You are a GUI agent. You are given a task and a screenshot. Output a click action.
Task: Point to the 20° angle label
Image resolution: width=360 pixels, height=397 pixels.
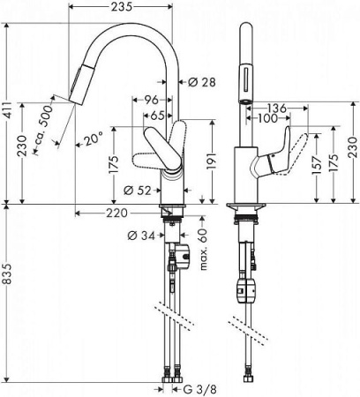pyautogui.click(x=94, y=138)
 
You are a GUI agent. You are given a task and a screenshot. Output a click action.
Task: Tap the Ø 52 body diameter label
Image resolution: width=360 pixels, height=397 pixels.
pyautogui.click(x=135, y=190)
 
